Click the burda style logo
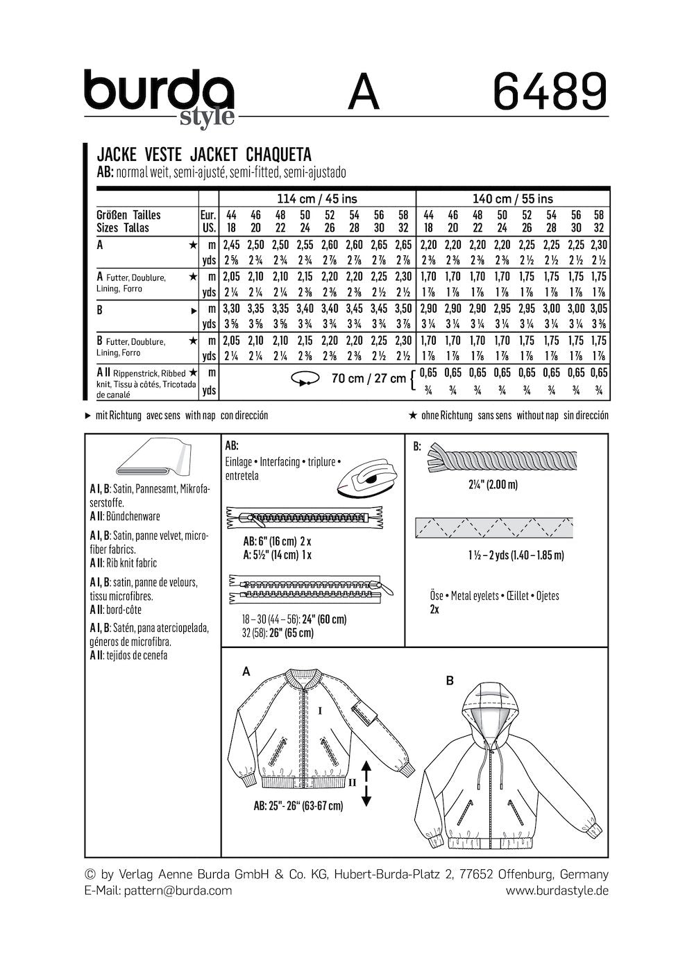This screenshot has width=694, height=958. (159, 97)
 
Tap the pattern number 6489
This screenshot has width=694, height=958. (550, 92)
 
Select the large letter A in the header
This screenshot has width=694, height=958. (364, 93)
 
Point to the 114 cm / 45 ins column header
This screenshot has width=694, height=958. (316, 198)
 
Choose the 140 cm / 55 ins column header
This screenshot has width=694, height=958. (512, 198)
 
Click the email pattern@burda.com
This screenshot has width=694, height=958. (178, 890)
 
